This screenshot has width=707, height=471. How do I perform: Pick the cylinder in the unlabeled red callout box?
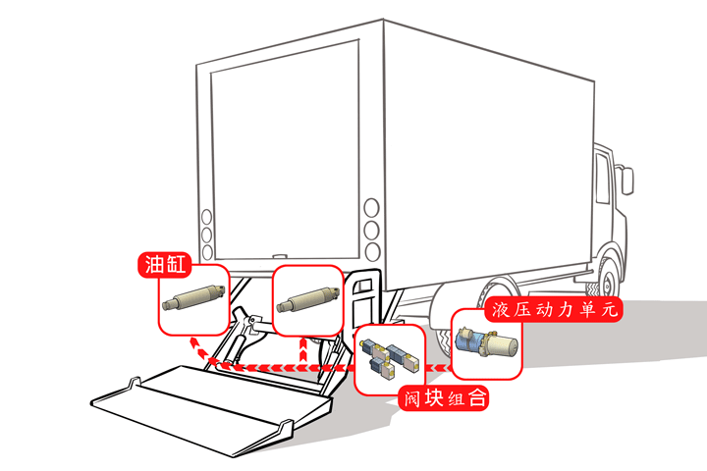pos(306,297)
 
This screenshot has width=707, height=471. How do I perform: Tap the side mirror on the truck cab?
pos(625,181)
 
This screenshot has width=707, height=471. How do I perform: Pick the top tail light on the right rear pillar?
pos(371,208)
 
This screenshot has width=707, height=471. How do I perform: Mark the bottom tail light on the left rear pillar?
pos(206,253)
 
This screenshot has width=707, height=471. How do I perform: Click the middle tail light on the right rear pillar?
pos(371,230)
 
